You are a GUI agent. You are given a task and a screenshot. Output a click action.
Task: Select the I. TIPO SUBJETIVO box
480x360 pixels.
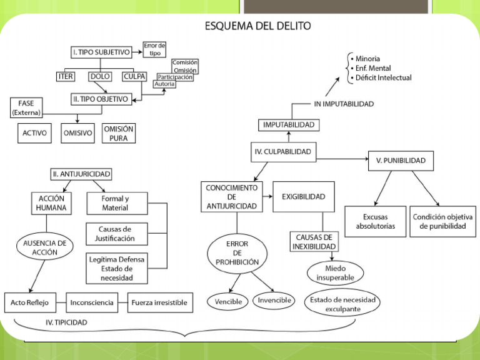[x=101, y=52]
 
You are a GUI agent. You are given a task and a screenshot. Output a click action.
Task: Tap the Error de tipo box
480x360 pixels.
[x=154, y=49]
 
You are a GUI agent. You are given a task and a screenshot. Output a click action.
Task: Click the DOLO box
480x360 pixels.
[x=100, y=77]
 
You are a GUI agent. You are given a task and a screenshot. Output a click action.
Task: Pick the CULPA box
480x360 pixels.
[x=135, y=77]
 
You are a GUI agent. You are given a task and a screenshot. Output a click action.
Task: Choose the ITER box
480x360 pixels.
[x=66, y=77]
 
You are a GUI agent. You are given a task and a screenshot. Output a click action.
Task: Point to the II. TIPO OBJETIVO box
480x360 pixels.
[x=100, y=99]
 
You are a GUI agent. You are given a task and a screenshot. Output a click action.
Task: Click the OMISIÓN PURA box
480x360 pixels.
[x=118, y=133]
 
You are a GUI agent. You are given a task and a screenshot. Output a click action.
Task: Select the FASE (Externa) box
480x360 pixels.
[x=26, y=107]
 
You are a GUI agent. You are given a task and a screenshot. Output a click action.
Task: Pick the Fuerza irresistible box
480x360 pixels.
[x=159, y=303]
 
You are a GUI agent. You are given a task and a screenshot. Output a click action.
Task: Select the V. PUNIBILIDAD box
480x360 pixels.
[x=400, y=161]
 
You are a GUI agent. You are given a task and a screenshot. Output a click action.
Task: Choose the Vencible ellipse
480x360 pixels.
[x=228, y=301]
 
